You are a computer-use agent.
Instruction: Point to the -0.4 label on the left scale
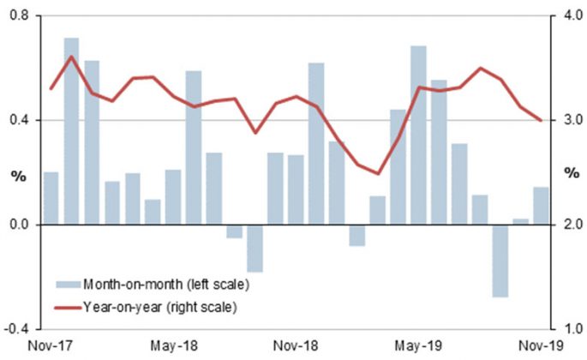click(18, 329)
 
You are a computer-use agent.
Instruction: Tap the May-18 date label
click(173, 345)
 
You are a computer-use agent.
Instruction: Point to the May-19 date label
click(417, 345)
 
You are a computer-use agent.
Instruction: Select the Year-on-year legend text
click(159, 306)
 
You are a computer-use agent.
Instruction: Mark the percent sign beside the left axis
click(17, 175)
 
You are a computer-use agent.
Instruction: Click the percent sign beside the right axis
click(569, 175)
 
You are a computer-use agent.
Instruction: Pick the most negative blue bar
click(500, 261)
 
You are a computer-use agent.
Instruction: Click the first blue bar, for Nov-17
click(51, 198)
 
